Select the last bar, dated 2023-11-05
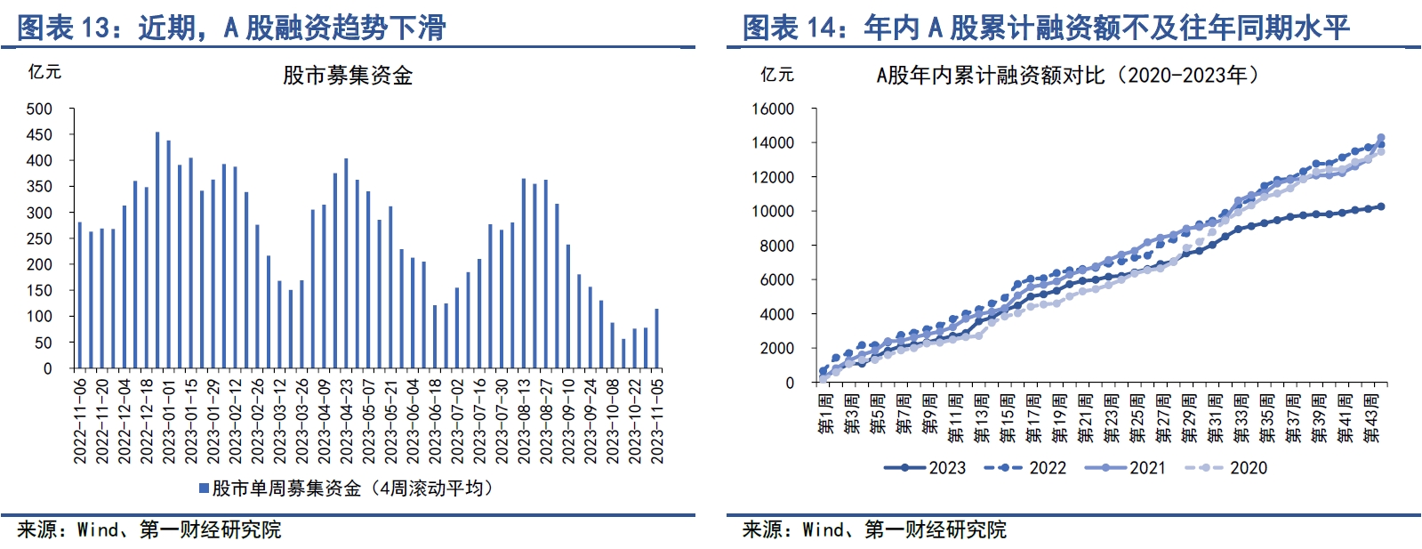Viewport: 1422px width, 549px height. point(657,339)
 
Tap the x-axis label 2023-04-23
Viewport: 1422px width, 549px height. point(346,420)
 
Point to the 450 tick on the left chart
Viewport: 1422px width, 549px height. point(40,135)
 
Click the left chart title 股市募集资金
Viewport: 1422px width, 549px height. point(348,76)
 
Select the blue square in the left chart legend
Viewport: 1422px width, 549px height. point(204,488)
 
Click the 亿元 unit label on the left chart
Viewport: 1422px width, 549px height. point(44,72)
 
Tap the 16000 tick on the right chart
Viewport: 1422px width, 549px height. point(772,109)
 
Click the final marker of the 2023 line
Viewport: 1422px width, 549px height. point(1381,206)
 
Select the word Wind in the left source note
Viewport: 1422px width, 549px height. point(98,530)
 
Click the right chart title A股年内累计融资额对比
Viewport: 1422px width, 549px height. point(990,76)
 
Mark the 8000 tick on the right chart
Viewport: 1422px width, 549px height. point(776,246)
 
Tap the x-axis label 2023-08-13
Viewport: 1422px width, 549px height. point(524,420)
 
